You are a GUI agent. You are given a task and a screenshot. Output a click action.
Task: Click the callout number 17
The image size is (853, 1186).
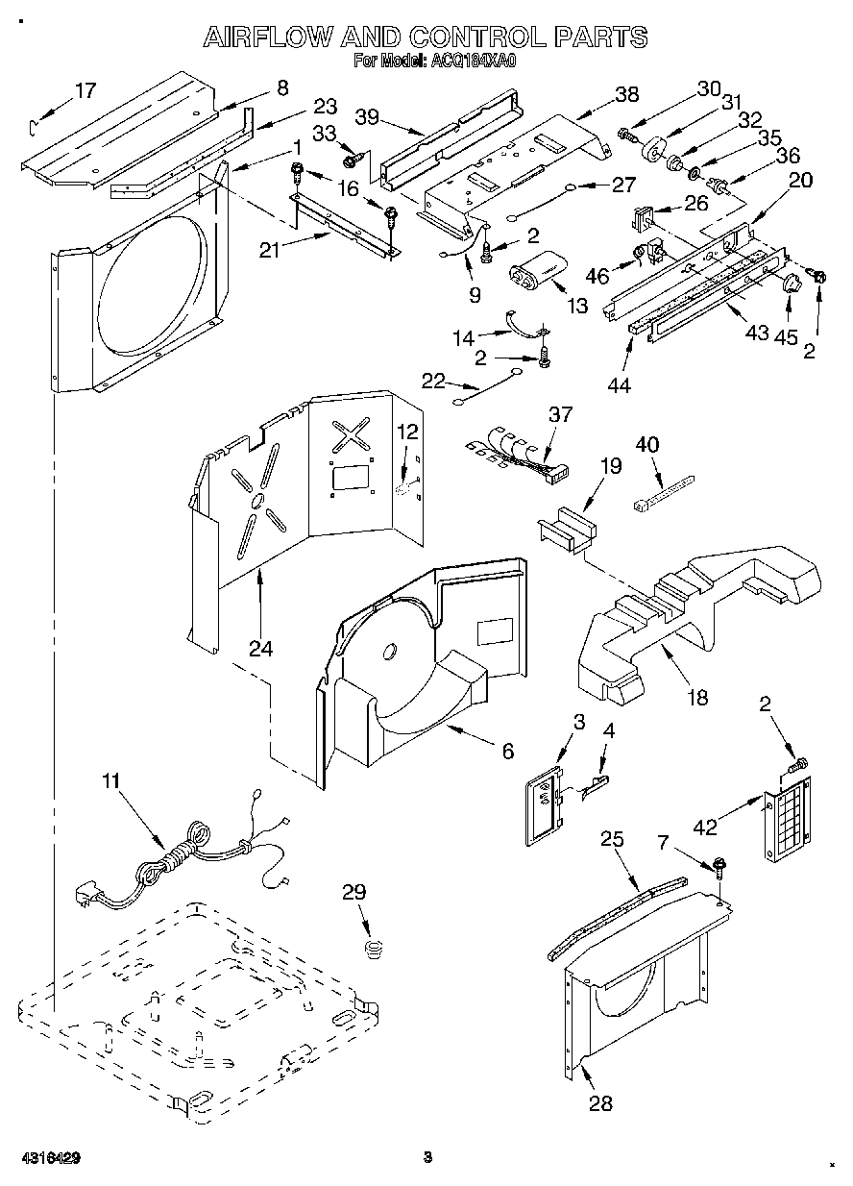coord(85,91)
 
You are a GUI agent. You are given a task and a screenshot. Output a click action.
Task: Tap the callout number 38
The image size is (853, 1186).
coord(626,94)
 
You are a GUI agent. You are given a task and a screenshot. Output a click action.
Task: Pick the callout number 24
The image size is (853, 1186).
coord(260,648)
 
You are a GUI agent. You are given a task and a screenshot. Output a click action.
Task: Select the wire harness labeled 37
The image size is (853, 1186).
coord(519,455)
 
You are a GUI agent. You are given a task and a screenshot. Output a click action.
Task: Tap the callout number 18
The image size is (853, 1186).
coord(697,698)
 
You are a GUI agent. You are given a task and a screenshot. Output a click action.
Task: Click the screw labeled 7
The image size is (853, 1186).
coord(719,868)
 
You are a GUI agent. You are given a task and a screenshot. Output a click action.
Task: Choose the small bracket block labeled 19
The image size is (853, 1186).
coord(566,530)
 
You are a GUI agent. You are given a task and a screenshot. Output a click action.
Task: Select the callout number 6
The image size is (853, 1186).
coord(506,751)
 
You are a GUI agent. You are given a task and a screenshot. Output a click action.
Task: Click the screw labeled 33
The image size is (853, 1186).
coord(352,153)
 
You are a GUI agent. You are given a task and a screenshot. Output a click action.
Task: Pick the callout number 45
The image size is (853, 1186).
coord(788,336)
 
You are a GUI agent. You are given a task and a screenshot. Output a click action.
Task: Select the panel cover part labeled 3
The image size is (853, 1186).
coord(546,810)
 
